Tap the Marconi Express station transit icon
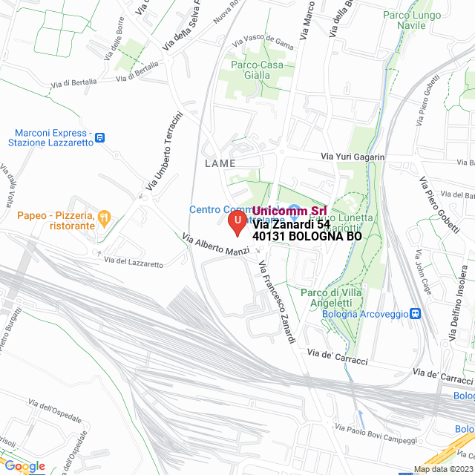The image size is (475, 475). [100, 137]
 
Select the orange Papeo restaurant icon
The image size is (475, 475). [105, 218]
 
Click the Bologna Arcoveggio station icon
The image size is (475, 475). [416, 314]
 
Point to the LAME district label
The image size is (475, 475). [220, 163]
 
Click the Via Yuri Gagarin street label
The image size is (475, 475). [353, 157]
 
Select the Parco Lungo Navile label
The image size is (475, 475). [412, 20]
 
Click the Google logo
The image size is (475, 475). [24, 466]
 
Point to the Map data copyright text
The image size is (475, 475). [442, 469]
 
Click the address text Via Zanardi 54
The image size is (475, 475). [291, 224]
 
